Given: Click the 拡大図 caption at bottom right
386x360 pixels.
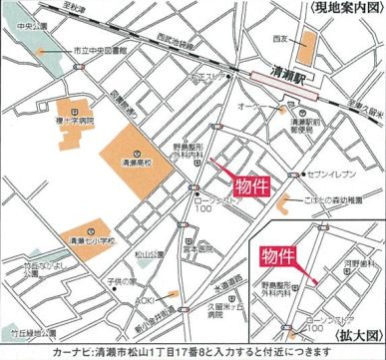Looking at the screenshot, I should click(365, 339).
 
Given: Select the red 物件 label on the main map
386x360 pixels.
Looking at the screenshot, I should click(249, 185).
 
